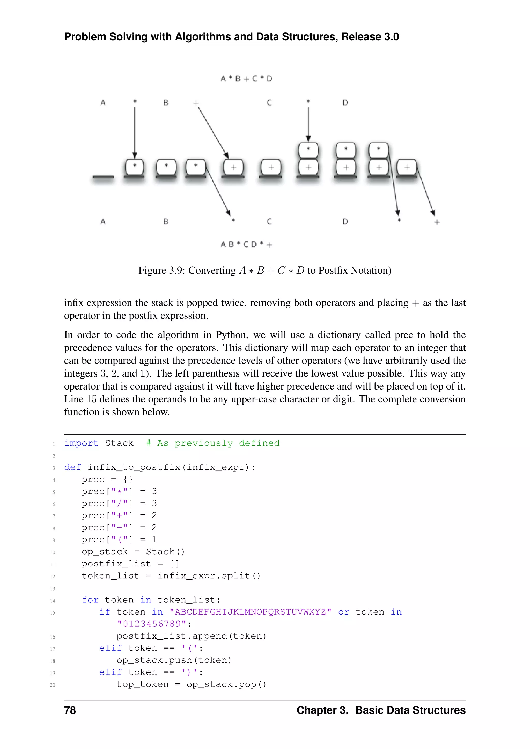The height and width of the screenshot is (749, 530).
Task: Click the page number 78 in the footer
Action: [x=70, y=710]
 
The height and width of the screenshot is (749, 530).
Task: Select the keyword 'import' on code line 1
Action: [x=81, y=443]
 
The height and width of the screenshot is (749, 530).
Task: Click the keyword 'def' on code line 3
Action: [x=72, y=467]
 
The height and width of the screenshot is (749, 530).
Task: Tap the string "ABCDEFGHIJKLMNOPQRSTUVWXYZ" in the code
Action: [x=250, y=612]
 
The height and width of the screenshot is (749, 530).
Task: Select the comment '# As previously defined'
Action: [x=213, y=443]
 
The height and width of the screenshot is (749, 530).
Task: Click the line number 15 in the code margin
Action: [x=53, y=613]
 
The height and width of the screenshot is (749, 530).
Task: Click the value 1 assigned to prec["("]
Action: [x=154, y=540]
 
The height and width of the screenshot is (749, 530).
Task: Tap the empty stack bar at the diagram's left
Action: [x=103, y=177]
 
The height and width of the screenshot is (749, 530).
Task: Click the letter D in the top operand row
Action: [x=345, y=103]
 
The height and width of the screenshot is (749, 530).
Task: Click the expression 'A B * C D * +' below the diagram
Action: [x=246, y=244]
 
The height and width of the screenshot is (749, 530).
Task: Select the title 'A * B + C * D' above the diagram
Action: [x=246, y=79]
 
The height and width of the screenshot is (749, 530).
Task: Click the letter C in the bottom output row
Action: [x=269, y=221]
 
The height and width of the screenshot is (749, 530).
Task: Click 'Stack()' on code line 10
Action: [x=165, y=552]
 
